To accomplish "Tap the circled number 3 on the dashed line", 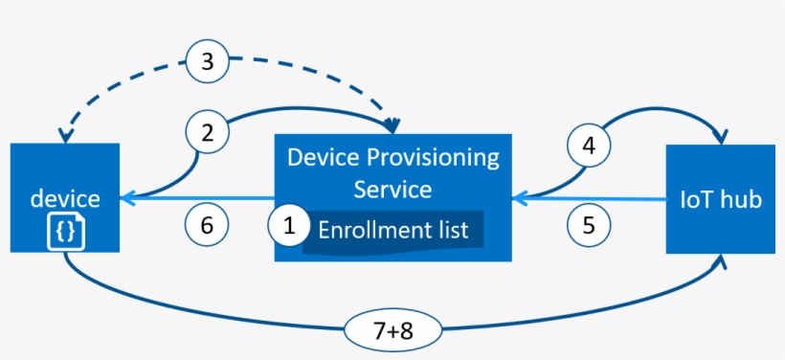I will coord(207,63).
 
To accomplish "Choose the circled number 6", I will coord(207,226).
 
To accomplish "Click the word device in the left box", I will coord(65,198).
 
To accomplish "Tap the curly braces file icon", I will coord(65,231).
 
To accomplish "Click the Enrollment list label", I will coord(392,231).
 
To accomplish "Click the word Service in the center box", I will coord(392,189).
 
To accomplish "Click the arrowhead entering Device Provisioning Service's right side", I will coord(519,199).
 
